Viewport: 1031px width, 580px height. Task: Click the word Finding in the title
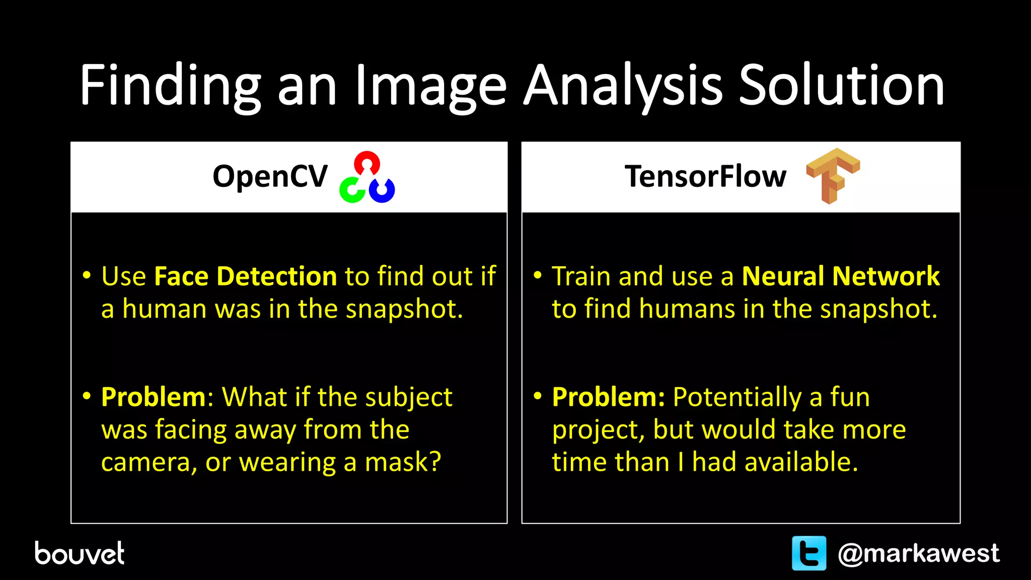click(170, 86)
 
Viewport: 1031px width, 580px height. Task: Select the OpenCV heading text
click(270, 177)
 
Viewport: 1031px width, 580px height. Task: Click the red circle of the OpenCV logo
click(367, 163)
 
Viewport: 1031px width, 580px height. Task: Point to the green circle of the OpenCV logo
click(352, 190)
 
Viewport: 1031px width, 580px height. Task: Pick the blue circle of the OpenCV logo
click(382, 190)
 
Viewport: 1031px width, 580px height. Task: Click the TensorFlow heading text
click(705, 177)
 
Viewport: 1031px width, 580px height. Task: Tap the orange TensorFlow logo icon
click(832, 175)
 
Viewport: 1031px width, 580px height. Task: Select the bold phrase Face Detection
click(245, 276)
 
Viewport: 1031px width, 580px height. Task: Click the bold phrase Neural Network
click(840, 276)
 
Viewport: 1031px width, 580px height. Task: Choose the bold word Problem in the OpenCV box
click(153, 397)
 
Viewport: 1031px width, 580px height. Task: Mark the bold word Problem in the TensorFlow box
click(608, 397)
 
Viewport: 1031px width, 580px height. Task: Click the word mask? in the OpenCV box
click(403, 462)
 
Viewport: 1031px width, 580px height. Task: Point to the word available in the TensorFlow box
click(800, 462)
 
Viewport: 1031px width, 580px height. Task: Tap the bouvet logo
click(79, 553)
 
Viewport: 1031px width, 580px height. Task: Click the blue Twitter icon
click(808, 553)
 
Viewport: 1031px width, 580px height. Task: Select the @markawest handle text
click(918, 553)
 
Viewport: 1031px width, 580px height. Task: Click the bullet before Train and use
click(538, 275)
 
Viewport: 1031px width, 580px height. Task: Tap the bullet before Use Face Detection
click(87, 275)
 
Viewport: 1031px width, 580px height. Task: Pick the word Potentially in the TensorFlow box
click(737, 397)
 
